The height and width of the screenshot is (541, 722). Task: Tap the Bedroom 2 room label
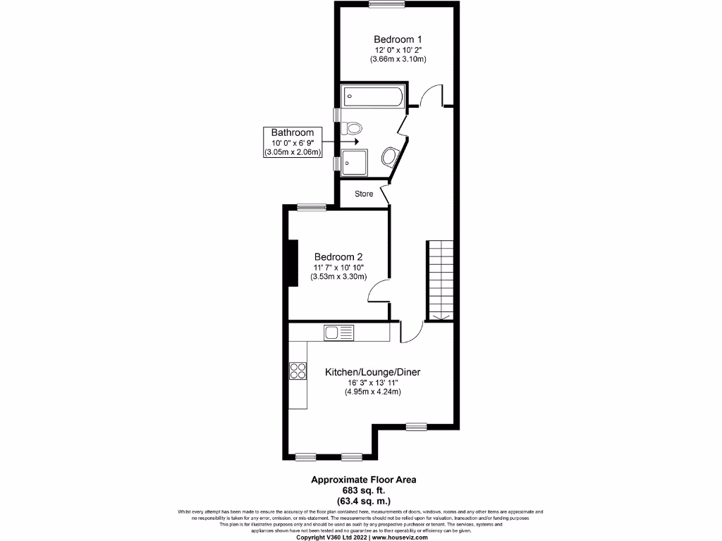tap(338, 256)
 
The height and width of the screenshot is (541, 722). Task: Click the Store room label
tap(364, 194)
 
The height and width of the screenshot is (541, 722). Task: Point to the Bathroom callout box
tap(293, 142)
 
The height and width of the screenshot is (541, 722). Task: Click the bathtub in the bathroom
tap(373, 96)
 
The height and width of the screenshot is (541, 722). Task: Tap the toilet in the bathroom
tap(352, 128)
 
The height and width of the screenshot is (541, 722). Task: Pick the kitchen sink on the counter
tap(339, 331)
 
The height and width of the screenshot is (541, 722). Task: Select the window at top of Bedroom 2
tap(311, 206)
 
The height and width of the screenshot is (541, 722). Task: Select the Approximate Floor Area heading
tap(365, 480)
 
